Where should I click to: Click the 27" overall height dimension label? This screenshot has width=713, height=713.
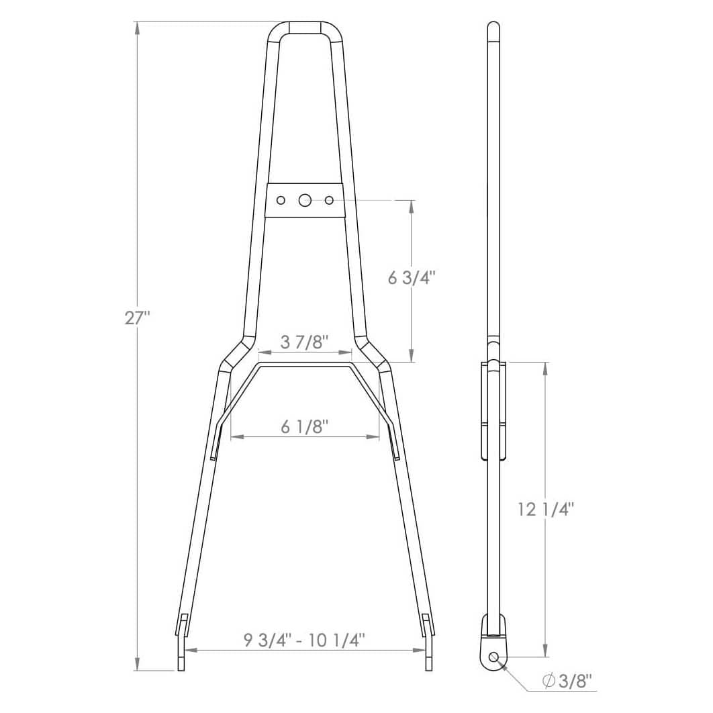pos(138,318)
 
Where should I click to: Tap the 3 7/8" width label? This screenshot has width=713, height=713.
pos(304,342)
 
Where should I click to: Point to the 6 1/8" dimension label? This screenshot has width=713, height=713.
pos(304,426)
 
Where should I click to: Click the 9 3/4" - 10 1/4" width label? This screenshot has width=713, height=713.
pos(305,640)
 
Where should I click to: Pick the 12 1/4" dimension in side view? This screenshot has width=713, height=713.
pos(546,510)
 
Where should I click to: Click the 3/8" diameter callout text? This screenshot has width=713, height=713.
pos(575,681)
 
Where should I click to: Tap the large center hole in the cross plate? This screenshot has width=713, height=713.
pos(305,199)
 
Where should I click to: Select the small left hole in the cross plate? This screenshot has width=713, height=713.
pos(281,200)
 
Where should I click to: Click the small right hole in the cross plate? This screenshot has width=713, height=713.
pos(329,200)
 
